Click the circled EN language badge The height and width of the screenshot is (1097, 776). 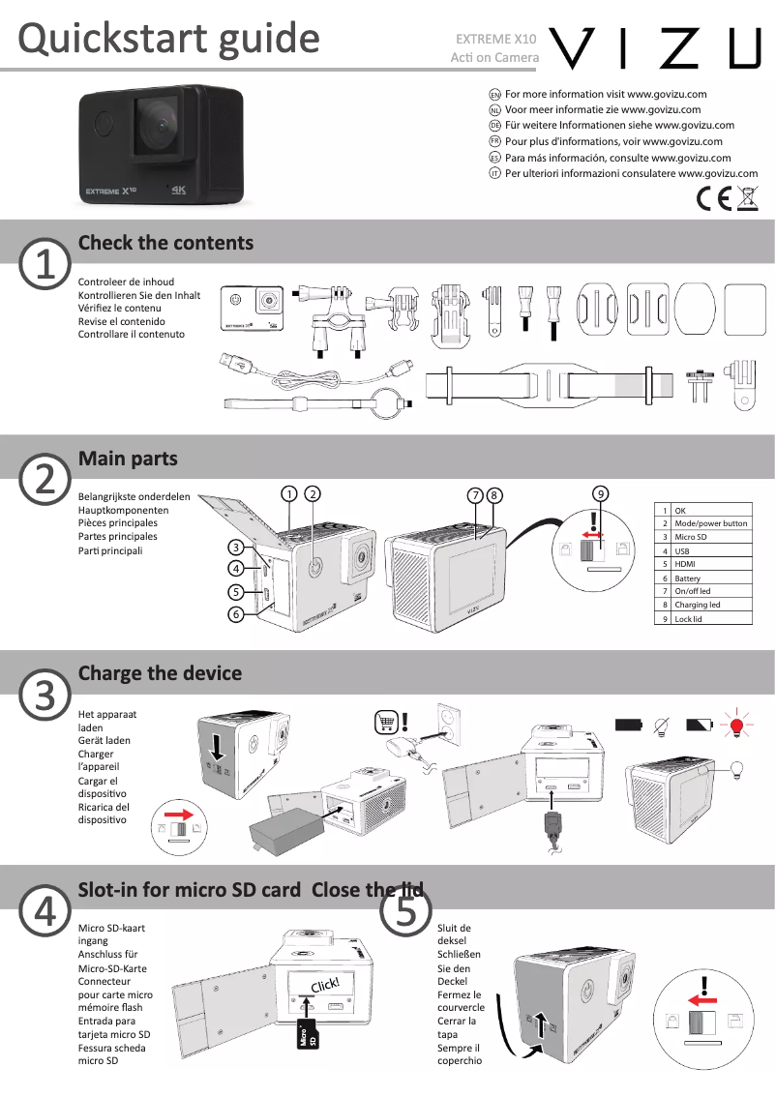click(x=494, y=95)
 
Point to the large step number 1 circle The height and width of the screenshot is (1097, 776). click(x=44, y=263)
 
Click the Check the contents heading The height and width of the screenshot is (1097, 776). click(x=165, y=243)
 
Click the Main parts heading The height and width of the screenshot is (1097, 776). click(x=128, y=458)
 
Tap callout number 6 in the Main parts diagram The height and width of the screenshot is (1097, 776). click(x=235, y=614)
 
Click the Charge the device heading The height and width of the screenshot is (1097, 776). click(x=160, y=673)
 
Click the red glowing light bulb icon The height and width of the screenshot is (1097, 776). click(x=737, y=725)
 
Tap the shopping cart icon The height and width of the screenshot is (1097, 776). click(x=386, y=723)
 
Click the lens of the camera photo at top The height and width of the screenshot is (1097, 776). click(x=154, y=130)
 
